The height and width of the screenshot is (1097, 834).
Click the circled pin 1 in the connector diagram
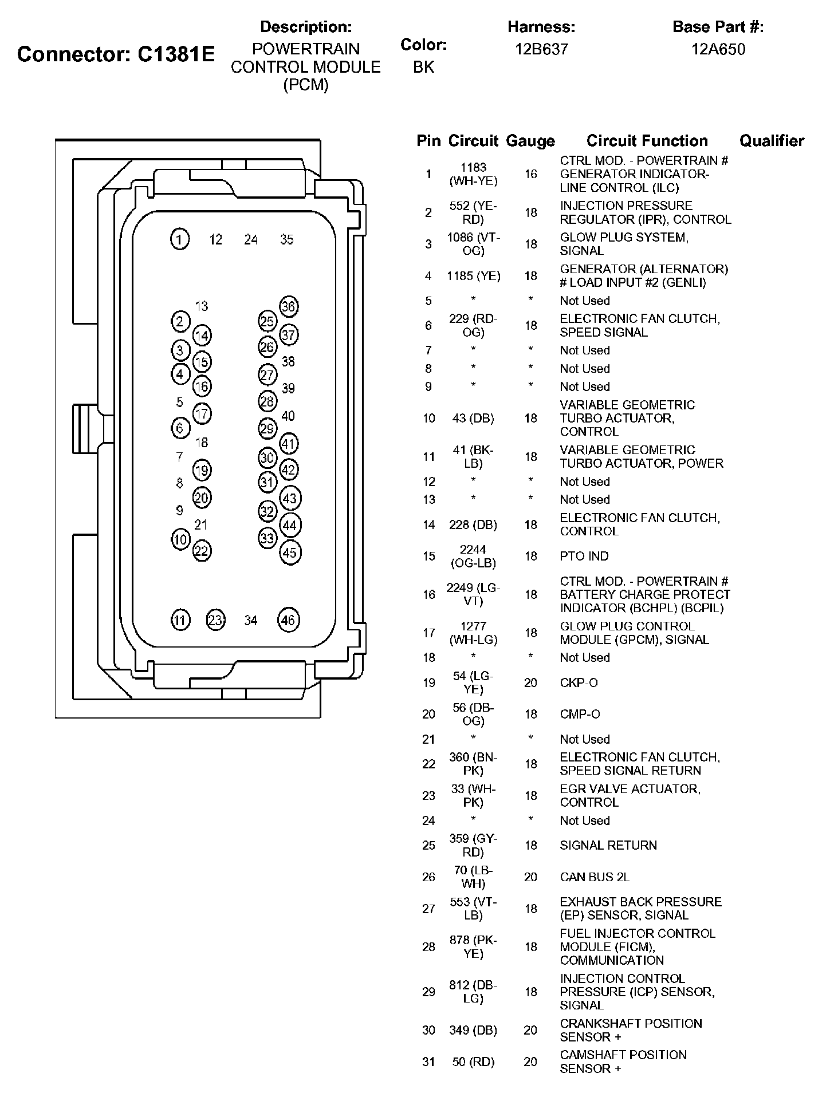point(180,239)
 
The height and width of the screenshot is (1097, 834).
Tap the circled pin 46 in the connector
point(288,620)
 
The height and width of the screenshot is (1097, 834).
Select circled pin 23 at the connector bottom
point(215,620)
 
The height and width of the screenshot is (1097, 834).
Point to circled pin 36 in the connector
point(288,307)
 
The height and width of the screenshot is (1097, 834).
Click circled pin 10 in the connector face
point(180,539)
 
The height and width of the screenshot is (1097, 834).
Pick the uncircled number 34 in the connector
point(251,621)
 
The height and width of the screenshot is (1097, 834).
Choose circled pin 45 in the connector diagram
point(290,553)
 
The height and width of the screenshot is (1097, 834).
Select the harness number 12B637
point(541,49)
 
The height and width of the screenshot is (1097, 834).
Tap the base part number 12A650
point(718,49)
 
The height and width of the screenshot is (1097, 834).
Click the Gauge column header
point(530,141)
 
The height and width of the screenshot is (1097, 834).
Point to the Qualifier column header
point(772,141)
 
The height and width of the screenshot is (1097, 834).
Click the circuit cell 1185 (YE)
point(473,276)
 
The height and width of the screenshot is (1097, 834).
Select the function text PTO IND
point(584,556)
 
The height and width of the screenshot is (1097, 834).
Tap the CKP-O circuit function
point(579,682)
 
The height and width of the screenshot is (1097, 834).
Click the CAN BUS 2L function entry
point(595,877)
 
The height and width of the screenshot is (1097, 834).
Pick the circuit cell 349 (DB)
point(473,1030)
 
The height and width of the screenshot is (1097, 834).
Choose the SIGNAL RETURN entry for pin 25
point(608,845)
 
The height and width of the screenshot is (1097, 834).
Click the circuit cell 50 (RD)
point(473,1062)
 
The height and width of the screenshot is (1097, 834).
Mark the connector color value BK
point(423,68)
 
